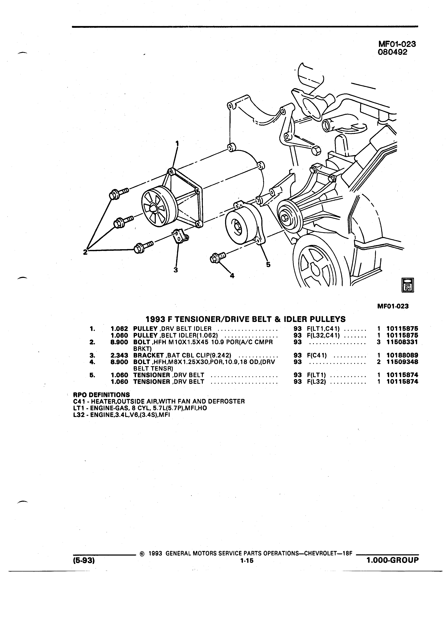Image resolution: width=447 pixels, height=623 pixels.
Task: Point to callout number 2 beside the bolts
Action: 86,252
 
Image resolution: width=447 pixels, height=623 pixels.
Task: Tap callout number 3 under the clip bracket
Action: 176,270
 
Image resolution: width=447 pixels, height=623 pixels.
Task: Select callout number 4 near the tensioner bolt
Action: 232,276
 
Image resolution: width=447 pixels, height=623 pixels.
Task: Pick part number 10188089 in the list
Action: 402,355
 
